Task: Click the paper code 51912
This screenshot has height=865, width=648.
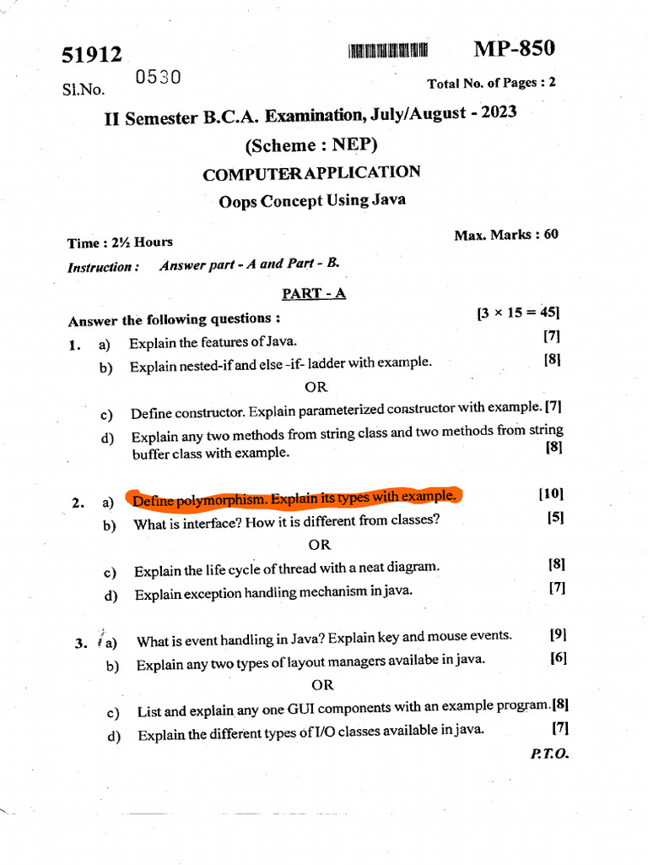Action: point(92,56)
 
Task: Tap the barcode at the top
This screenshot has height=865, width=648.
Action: point(387,51)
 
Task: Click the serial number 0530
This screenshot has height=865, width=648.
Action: point(158,79)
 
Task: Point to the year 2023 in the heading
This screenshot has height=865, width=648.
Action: point(498,112)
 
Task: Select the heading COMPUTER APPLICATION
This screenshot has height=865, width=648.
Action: point(311,173)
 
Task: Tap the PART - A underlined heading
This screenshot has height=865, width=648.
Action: point(314,293)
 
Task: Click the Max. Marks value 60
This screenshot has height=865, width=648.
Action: point(551,234)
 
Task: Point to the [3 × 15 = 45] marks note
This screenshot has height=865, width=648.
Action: point(518,313)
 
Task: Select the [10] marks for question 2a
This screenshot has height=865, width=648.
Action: point(550,494)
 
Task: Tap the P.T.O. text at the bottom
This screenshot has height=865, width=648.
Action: point(550,753)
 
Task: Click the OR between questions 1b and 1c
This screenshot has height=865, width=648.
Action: point(316,387)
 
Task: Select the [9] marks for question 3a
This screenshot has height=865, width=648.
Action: point(557,634)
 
